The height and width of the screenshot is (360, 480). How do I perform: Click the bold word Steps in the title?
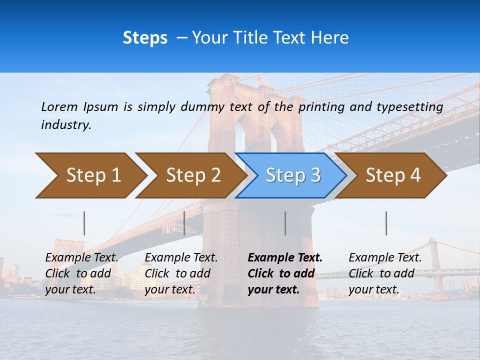pyautogui.click(x=145, y=37)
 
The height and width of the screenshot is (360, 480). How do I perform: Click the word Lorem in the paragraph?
pyautogui.click(x=59, y=106)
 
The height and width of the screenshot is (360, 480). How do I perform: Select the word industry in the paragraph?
pyautogui.click(x=66, y=125)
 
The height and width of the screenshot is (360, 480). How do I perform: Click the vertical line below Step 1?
pyautogui.click(x=84, y=223)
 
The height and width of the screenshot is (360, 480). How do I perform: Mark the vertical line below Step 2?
pyautogui.click(x=184, y=223)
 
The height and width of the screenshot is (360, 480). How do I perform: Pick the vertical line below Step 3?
pyautogui.click(x=285, y=223)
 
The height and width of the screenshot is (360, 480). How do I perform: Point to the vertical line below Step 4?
pyautogui.click(x=386, y=223)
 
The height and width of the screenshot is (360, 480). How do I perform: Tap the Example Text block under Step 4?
pyautogui.click(x=385, y=273)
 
